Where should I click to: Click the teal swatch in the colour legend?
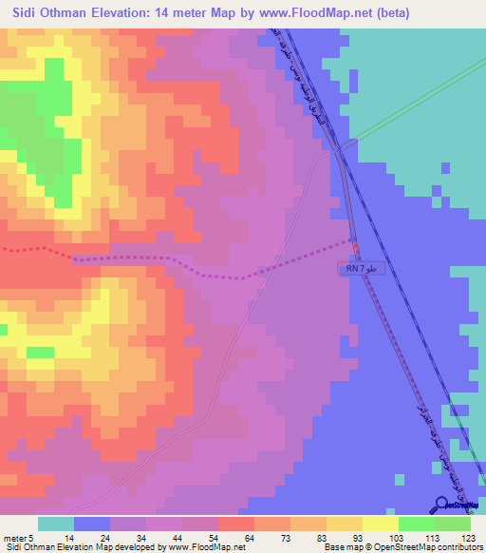pyautogui.click(x=55, y=524)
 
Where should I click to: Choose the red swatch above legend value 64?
pyautogui.click(x=235, y=524)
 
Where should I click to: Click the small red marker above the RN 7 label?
pyautogui.click(x=356, y=249)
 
